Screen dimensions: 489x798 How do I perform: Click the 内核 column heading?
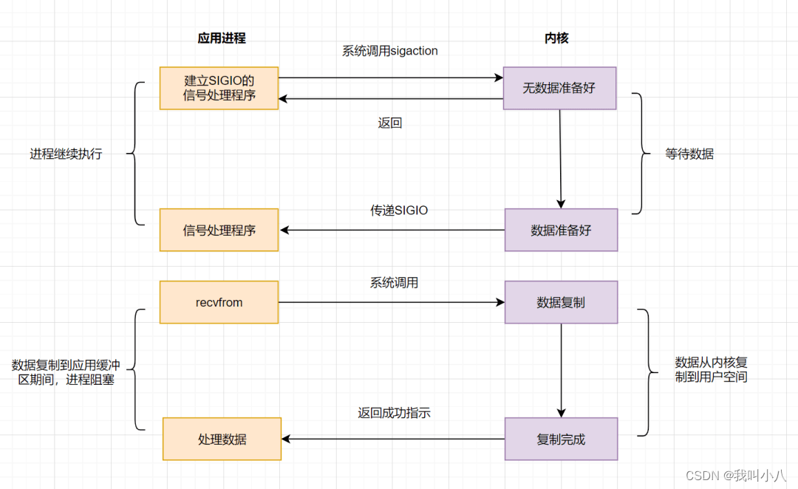click(558, 38)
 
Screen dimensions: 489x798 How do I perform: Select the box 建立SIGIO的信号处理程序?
click(219, 88)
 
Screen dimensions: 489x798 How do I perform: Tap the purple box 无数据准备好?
click(559, 88)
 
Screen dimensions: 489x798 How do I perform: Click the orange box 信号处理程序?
click(219, 230)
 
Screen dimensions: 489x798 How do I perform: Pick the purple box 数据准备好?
click(561, 230)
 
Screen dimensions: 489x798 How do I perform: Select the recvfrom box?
click(219, 302)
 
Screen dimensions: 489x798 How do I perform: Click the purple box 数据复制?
click(561, 302)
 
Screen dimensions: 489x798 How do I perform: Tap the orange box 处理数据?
click(222, 439)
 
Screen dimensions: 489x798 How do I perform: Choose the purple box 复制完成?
click(561, 439)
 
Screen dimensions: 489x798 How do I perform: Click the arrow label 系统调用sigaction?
click(389, 51)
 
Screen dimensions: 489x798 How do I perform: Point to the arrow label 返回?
click(389, 123)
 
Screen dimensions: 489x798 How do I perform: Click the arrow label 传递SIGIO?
click(399, 211)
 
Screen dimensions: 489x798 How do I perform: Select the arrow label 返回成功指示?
click(394, 414)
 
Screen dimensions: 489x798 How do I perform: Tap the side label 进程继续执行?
click(66, 154)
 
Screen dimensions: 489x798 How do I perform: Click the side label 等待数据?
click(689, 154)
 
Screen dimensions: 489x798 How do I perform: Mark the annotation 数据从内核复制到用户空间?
click(711, 369)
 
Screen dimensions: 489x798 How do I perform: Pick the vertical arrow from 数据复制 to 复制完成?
click(561, 370)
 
